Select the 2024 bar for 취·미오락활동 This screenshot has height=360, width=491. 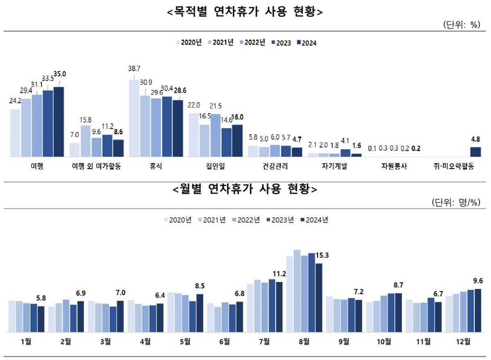475,152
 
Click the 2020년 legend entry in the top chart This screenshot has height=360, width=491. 189,42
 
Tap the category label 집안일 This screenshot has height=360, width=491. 215,166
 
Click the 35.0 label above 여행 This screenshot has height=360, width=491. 60,74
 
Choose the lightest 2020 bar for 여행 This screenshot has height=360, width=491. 15,133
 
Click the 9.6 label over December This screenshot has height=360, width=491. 477,281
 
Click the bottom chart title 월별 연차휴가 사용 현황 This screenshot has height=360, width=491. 245,190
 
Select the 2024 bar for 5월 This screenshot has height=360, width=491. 200,313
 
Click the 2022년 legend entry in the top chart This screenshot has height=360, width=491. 252,42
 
